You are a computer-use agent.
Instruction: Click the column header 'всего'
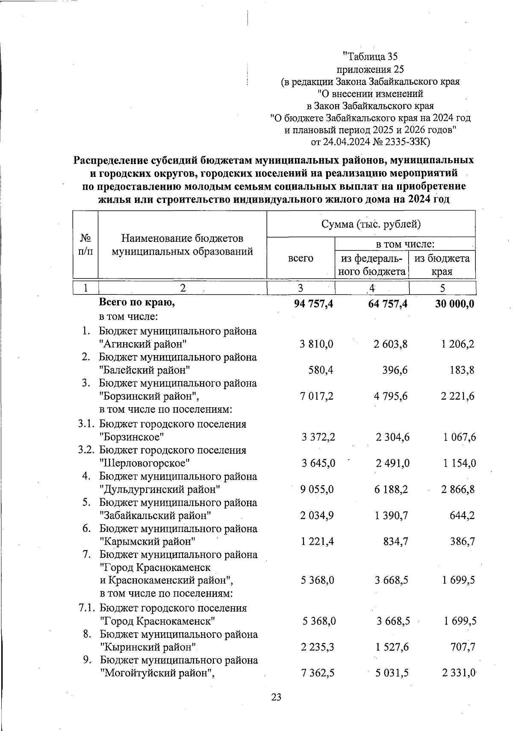pyautogui.click(x=301, y=258)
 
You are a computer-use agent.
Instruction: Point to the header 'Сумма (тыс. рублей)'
pyautogui.click(x=371, y=224)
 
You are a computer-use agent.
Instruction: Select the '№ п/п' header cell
pyautogui.click(x=86, y=244)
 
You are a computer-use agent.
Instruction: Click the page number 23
pyautogui.click(x=276, y=697)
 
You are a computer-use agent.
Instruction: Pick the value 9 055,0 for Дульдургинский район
pyautogui.click(x=317, y=489)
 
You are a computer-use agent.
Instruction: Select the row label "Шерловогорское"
pyautogui.click(x=144, y=463)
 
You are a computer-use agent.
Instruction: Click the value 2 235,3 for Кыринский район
pyautogui.click(x=317, y=647)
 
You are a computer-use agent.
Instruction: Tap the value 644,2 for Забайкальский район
pyautogui.click(x=463, y=516)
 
